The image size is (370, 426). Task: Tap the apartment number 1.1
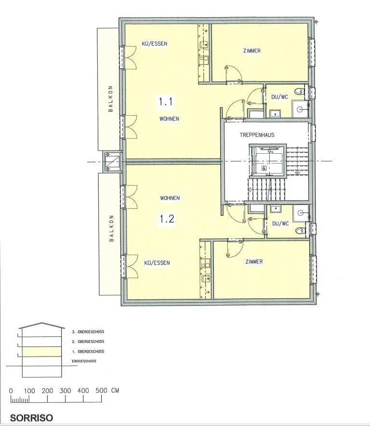pyautogui.click(x=166, y=102)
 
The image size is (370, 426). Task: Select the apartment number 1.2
pyautogui.click(x=167, y=219)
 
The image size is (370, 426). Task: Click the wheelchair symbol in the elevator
pyautogui.click(x=264, y=168)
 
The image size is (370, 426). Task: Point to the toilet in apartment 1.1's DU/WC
pyautogui.click(x=300, y=91)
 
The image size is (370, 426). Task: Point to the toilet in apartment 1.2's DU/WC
pyautogui.click(x=300, y=230)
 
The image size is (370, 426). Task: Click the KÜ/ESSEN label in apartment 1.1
pyautogui.click(x=155, y=43)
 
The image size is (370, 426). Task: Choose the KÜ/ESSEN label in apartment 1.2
pyautogui.click(x=157, y=263)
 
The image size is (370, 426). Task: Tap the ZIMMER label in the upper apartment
pyautogui.click(x=252, y=51)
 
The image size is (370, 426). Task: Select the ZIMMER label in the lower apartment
pyautogui.click(x=254, y=262)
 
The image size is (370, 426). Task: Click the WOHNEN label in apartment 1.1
pyautogui.click(x=169, y=119)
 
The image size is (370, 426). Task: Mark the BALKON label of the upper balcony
pyautogui.click(x=110, y=99)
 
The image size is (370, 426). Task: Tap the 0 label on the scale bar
pyautogui.click(x=11, y=391)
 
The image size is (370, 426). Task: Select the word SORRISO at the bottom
pyautogui.click(x=31, y=418)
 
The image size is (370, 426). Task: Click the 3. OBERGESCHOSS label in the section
pyautogui.click(x=88, y=332)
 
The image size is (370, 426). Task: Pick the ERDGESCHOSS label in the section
pyautogui.click(x=84, y=361)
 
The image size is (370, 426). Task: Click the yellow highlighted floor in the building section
pyautogui.click(x=42, y=351)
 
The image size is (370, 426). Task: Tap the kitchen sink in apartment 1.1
pyautogui.click(x=204, y=44)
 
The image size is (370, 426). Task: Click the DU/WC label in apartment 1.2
pyautogui.click(x=280, y=224)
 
